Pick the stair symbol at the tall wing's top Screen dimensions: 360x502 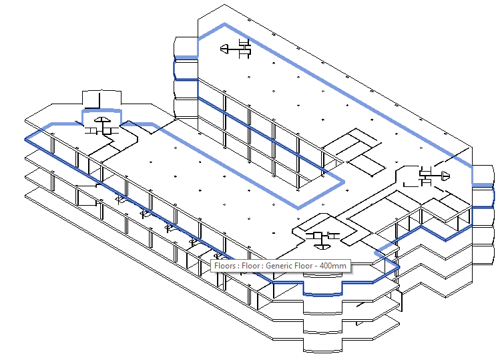coord(238,47)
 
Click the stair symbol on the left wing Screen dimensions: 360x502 coord(103,124)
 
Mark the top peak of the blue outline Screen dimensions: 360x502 coord(225,25)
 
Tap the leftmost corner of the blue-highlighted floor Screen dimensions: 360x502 coord(25,138)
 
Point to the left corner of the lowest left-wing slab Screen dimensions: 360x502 coord(25,194)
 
